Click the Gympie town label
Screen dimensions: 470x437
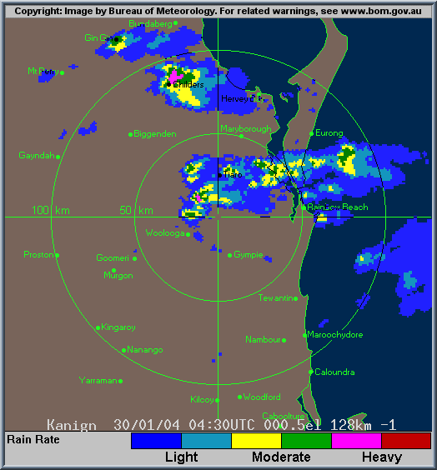[x=249, y=254]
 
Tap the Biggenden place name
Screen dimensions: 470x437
[x=155, y=133]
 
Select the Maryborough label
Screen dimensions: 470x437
[x=246, y=128]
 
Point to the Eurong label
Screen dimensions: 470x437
[x=329, y=132]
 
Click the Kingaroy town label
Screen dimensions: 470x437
[x=118, y=327]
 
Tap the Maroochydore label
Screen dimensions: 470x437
[x=335, y=334]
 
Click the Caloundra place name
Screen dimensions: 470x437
[x=334, y=372]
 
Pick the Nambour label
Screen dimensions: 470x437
[x=263, y=339]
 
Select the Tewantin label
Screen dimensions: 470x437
[x=276, y=297]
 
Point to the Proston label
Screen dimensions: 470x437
[x=38, y=254]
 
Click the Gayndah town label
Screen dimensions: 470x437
[x=36, y=155]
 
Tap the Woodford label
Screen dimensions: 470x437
[x=262, y=397]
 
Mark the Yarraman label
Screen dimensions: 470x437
[x=98, y=380]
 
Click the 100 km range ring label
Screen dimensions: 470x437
[x=50, y=210]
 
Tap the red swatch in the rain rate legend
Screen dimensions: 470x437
[x=406, y=440]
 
